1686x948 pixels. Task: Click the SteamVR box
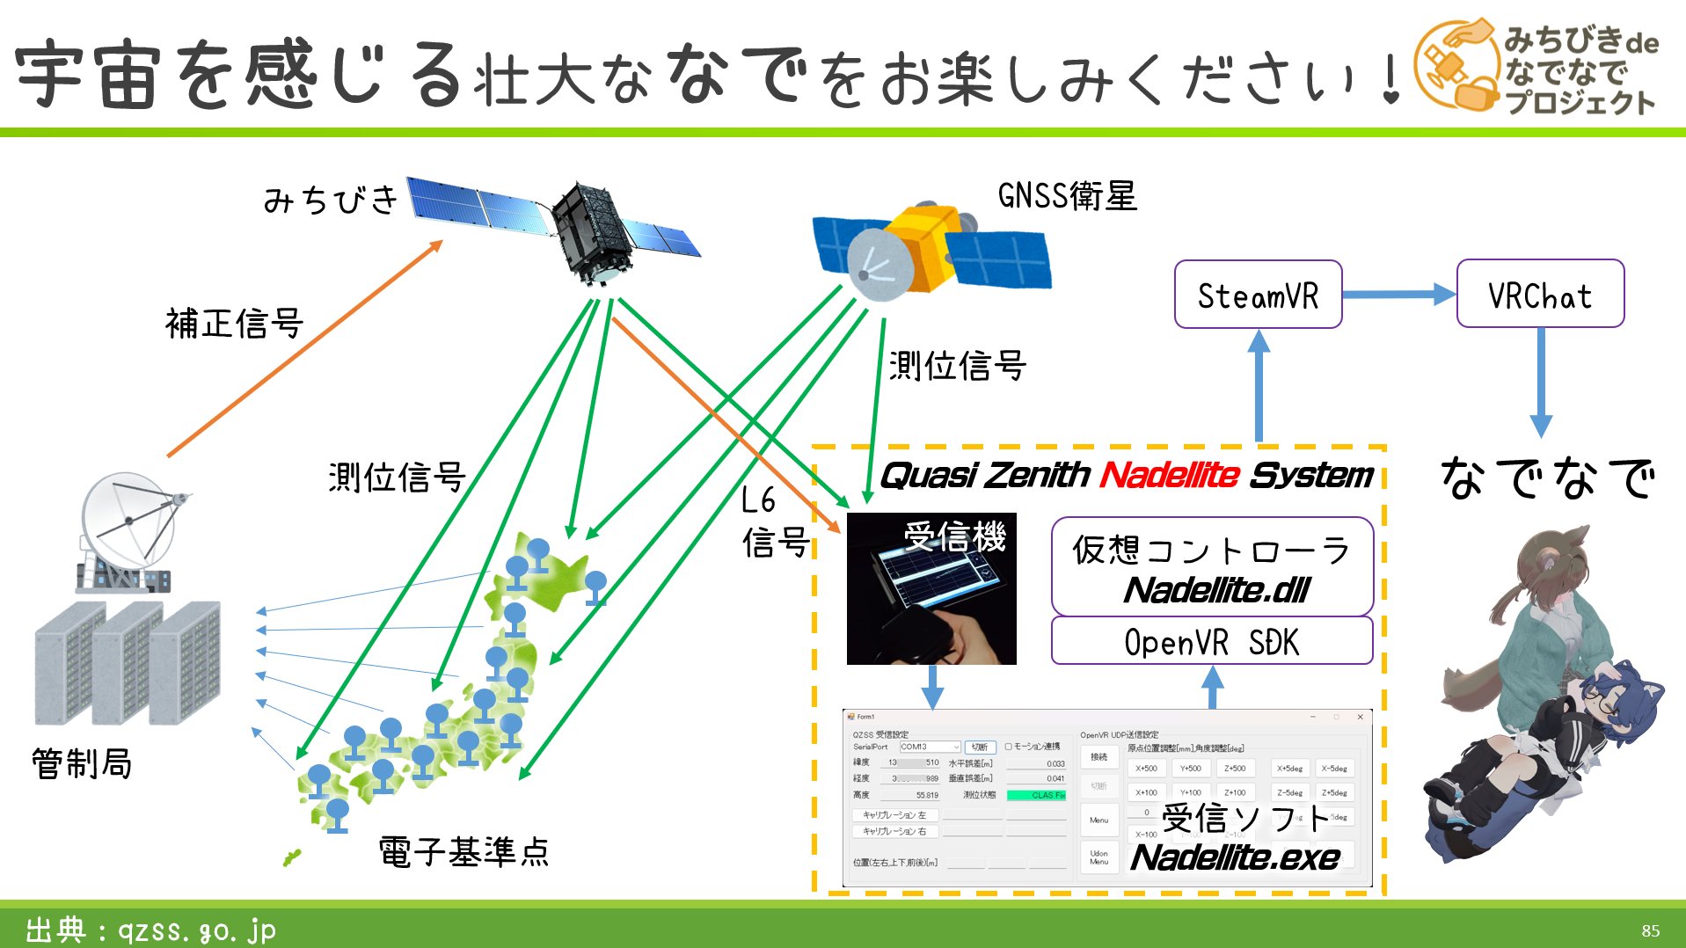(x=1258, y=295)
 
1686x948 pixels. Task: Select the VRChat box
(x=1540, y=295)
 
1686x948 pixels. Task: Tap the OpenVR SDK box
(x=1211, y=642)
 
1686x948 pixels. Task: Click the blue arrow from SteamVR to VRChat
(x=1398, y=295)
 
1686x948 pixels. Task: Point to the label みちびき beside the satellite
(x=331, y=201)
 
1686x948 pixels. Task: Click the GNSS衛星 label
(x=1067, y=195)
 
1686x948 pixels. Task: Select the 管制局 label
(x=82, y=763)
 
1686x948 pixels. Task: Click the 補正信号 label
(x=234, y=324)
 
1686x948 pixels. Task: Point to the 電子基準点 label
(x=463, y=852)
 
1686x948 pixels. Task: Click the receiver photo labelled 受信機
(x=931, y=589)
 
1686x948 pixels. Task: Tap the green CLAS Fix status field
(x=1036, y=795)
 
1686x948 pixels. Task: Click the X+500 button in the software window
(x=1146, y=768)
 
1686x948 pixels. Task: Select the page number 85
(x=1650, y=930)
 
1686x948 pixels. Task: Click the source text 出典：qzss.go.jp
(x=150, y=930)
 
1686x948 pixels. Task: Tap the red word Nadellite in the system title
(x=1169, y=476)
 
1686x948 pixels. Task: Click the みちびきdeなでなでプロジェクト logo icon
(x=1456, y=66)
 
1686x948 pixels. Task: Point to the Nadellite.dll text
(x=1216, y=590)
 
